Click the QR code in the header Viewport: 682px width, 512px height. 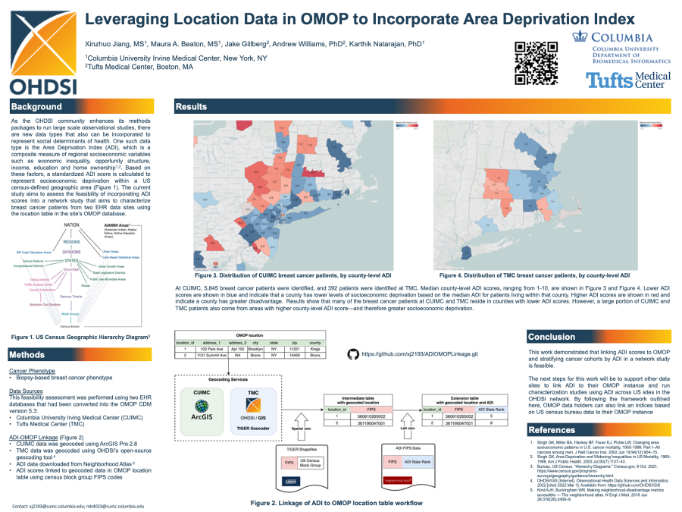(x=536, y=62)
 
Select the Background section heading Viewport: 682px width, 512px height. (x=36, y=106)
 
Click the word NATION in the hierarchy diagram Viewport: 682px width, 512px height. (x=72, y=225)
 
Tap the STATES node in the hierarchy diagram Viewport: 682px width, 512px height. (x=72, y=259)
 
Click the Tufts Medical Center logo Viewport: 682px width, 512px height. (x=628, y=80)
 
